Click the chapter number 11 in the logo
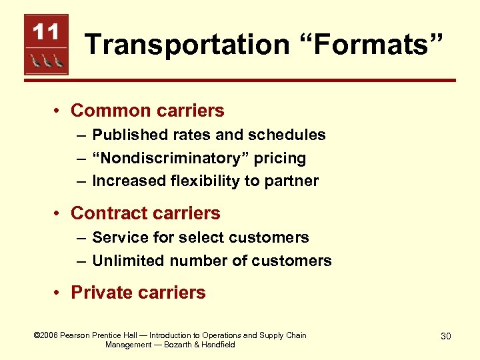pos(46,31)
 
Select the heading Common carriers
pos(147,110)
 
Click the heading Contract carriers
pos(145,213)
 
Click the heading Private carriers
pos(138,293)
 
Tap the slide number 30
pos(445,336)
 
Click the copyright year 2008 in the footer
pos(47,335)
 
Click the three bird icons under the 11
pos(46,61)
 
